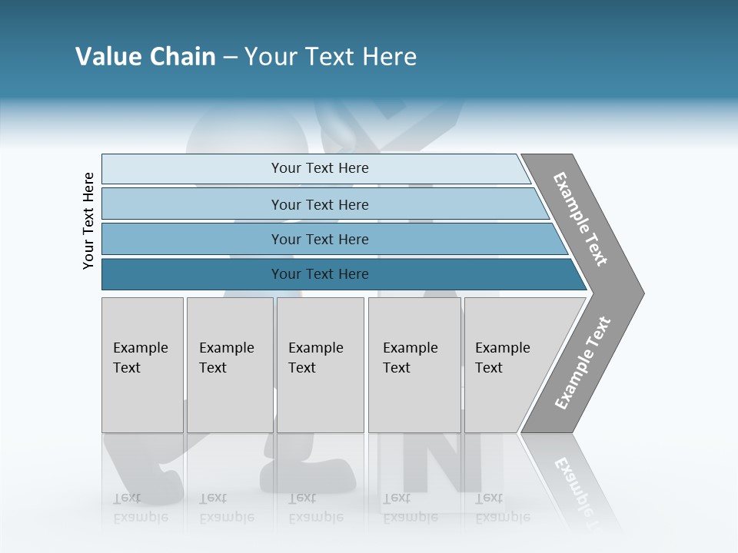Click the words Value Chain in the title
(x=145, y=57)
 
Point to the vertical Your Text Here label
(x=88, y=220)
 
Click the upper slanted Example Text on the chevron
(x=580, y=219)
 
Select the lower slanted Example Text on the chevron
(x=583, y=363)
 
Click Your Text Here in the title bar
(x=331, y=57)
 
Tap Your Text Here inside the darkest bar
(x=320, y=274)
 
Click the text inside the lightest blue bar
(x=320, y=168)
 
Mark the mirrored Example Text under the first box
(x=140, y=508)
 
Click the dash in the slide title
(x=230, y=58)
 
